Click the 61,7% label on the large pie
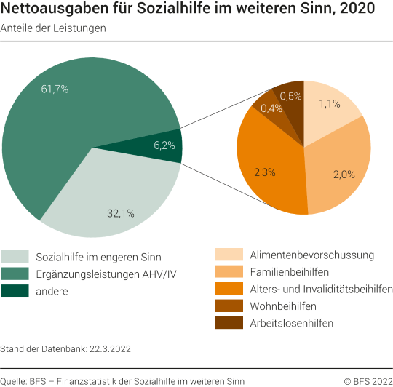tap(55, 89)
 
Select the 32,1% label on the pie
tap(120, 213)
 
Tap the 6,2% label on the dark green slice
tap(164, 145)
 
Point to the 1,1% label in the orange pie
tap(329, 104)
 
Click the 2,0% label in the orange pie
tap(344, 174)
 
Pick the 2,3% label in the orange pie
tap(265, 172)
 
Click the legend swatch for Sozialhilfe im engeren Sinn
tap(15, 257)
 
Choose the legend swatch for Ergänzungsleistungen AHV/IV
tap(15, 274)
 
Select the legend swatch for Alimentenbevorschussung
tap(228, 255)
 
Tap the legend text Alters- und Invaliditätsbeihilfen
tap(321, 289)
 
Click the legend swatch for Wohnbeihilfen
tap(228, 306)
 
